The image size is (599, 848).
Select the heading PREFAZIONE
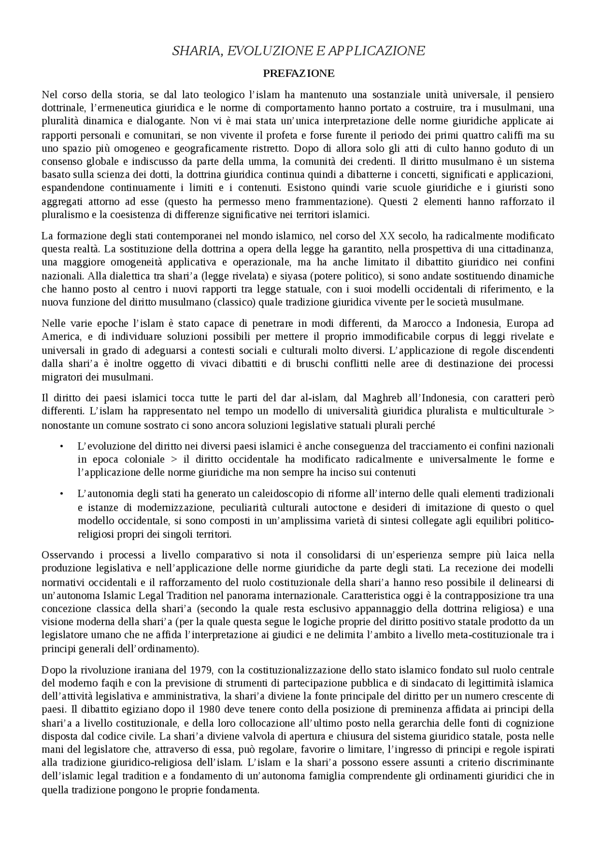click(299, 74)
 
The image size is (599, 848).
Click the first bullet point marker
click(61, 446)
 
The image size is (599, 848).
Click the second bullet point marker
click(61, 494)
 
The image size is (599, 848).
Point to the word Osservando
click(66, 555)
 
